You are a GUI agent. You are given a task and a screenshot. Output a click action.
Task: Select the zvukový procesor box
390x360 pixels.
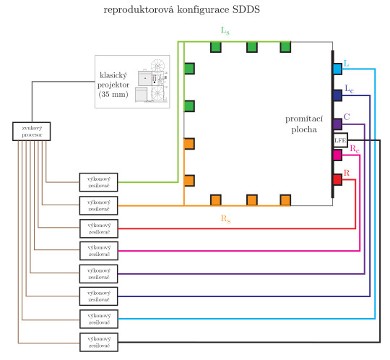point(31,131)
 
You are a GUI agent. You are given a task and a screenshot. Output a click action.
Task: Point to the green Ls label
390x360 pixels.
point(226,32)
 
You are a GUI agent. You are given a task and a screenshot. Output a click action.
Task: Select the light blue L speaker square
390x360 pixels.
point(337,69)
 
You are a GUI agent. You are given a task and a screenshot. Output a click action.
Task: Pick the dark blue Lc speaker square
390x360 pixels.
point(337,95)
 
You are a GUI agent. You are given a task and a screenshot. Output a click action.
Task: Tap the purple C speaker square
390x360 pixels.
point(337,124)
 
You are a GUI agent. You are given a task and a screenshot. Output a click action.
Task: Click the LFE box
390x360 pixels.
point(340,140)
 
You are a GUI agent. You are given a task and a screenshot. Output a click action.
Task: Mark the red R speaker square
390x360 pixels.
point(337,179)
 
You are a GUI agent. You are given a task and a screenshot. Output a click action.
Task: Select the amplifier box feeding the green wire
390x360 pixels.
point(97,181)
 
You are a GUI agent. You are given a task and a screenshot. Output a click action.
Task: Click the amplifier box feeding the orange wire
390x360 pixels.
point(97,205)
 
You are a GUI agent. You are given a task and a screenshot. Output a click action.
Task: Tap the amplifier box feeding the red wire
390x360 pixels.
point(97,228)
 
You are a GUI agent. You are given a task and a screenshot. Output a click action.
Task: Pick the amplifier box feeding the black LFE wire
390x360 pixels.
point(97,340)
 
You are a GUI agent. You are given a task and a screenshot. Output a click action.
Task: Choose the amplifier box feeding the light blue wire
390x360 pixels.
point(97,318)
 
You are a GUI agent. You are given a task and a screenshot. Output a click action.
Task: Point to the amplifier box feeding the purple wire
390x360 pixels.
point(97,273)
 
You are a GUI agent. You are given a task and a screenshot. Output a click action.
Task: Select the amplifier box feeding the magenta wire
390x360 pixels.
point(97,250)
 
